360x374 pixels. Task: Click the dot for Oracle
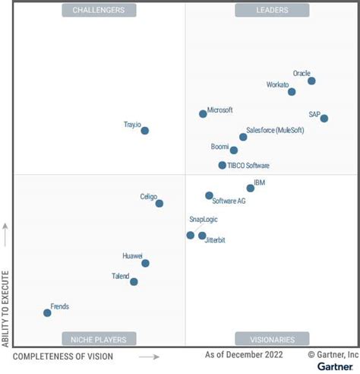[311, 81]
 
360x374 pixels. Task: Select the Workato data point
[292, 92]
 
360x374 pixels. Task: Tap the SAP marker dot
[324, 119]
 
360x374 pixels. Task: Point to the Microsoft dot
[203, 114]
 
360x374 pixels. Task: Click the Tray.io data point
[145, 131]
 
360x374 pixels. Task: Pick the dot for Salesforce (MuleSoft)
[243, 137]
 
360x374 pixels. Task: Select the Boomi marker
[234, 151]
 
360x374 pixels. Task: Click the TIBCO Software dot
[223, 165]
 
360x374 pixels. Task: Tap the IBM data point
[251, 189]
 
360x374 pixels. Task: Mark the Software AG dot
[209, 195]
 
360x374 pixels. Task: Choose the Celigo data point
[159, 204]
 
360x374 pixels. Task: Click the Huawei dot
[145, 264]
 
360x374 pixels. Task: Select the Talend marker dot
[134, 282]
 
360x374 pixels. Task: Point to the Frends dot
[47, 312]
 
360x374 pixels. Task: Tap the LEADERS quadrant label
[272, 10]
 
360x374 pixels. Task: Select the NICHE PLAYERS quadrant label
[99, 339]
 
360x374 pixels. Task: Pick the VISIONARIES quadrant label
[272, 339]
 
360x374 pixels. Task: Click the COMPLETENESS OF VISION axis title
[63, 357]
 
